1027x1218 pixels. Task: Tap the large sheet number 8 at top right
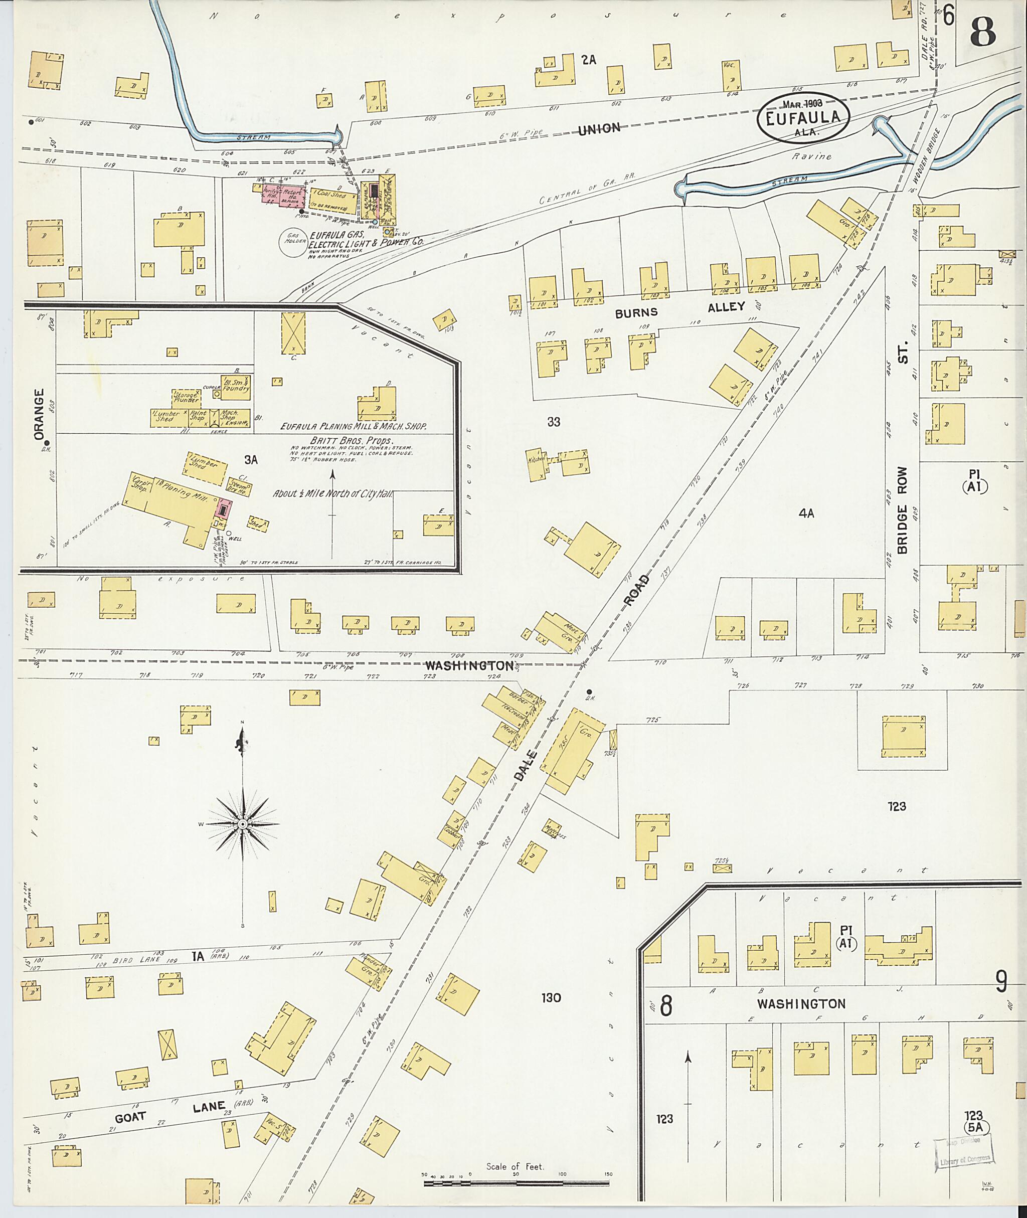pyautogui.click(x=983, y=34)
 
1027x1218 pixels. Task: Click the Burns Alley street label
pyautogui.click(x=680, y=309)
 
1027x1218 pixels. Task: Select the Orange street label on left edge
pyautogui.click(x=39, y=415)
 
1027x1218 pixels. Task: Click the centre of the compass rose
pyautogui.click(x=243, y=823)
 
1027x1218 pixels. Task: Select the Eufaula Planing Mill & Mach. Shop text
pyautogui.click(x=354, y=426)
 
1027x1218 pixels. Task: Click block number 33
pyautogui.click(x=553, y=422)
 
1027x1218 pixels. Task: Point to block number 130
pyautogui.click(x=550, y=998)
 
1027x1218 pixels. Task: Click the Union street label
pyautogui.click(x=599, y=129)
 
